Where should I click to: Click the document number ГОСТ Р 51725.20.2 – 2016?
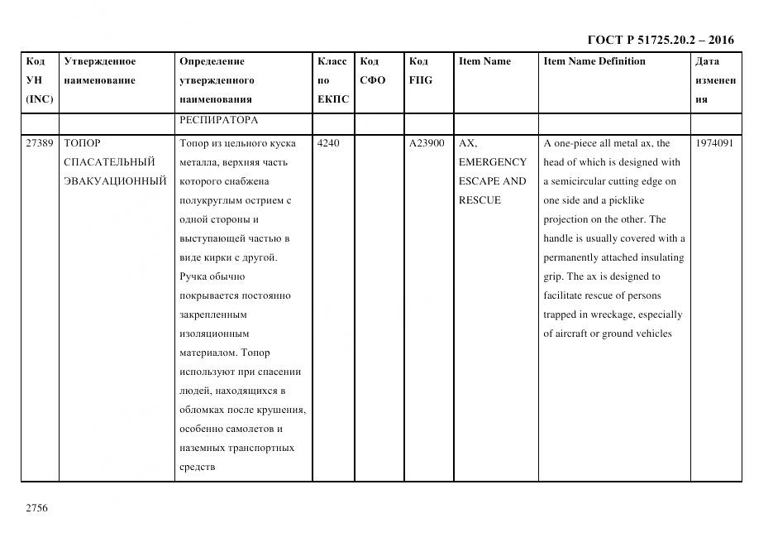click(660, 40)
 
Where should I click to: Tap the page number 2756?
click(37, 508)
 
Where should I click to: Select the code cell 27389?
click(39, 143)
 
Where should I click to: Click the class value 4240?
click(328, 143)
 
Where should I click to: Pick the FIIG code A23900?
click(427, 143)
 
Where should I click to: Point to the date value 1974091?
click(714, 143)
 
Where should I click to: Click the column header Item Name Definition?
click(594, 61)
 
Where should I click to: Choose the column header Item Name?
click(484, 61)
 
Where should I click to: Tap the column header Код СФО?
click(372, 71)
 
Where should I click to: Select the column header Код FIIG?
click(420, 71)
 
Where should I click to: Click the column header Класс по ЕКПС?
click(333, 80)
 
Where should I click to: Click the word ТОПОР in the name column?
click(82, 143)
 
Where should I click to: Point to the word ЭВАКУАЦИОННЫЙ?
click(115, 181)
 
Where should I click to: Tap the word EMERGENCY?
click(492, 162)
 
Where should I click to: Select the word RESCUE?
click(480, 200)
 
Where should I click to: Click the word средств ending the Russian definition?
click(197, 468)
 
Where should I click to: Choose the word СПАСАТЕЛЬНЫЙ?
click(109, 162)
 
